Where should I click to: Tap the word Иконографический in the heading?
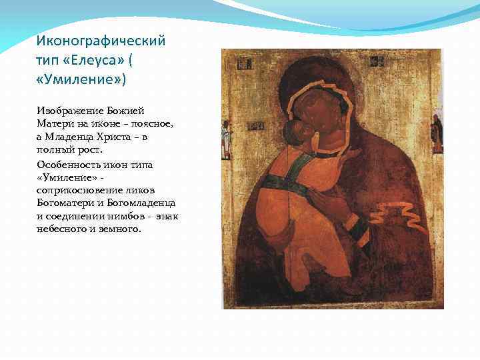pos(101,41)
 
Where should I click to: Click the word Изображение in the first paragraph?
pos(67,111)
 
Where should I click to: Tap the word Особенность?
pos(69,164)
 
